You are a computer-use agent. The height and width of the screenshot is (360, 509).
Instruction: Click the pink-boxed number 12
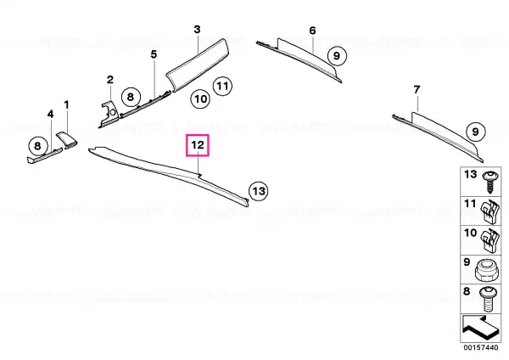click(x=198, y=145)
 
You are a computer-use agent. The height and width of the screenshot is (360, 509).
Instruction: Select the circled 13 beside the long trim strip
click(x=259, y=191)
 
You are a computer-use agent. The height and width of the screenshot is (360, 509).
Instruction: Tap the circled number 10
click(x=200, y=98)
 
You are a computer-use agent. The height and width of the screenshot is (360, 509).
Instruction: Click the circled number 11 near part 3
click(x=222, y=86)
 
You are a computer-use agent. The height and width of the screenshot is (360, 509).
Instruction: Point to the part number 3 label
click(x=197, y=30)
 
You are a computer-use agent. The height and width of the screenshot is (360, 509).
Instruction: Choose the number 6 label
click(x=312, y=31)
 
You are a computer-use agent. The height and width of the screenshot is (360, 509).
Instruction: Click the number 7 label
click(x=417, y=90)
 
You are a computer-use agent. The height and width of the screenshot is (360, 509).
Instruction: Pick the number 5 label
click(x=154, y=54)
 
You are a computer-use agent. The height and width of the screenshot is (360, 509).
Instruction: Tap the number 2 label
click(x=110, y=80)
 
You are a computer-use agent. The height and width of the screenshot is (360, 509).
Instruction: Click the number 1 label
click(x=66, y=105)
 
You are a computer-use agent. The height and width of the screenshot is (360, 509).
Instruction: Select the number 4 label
click(x=50, y=115)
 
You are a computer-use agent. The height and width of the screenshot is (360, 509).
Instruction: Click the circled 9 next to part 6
click(x=337, y=56)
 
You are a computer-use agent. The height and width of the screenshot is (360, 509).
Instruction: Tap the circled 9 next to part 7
click(x=476, y=132)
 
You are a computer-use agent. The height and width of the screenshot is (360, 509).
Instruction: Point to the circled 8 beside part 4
click(x=37, y=146)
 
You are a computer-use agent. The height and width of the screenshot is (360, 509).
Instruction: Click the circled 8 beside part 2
click(x=131, y=97)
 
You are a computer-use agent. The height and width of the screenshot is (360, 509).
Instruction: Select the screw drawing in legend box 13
click(x=489, y=182)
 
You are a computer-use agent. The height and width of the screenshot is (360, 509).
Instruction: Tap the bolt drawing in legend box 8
click(x=488, y=299)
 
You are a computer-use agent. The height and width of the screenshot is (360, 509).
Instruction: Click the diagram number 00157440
click(x=480, y=347)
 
